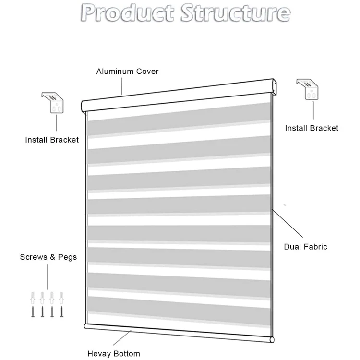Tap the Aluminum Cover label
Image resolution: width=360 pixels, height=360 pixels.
tap(127, 72)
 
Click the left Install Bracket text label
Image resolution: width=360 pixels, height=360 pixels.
tap(52, 140)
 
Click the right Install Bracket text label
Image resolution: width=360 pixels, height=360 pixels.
tap(312, 128)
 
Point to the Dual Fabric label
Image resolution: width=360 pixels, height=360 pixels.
tap(305, 247)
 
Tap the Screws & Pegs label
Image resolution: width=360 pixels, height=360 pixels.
tap(48, 257)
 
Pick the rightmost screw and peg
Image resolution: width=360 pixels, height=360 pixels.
tap(61, 304)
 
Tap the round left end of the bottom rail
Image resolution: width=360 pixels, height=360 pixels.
tap(86, 326)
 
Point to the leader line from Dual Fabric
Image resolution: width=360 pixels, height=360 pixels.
tap(288, 224)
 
